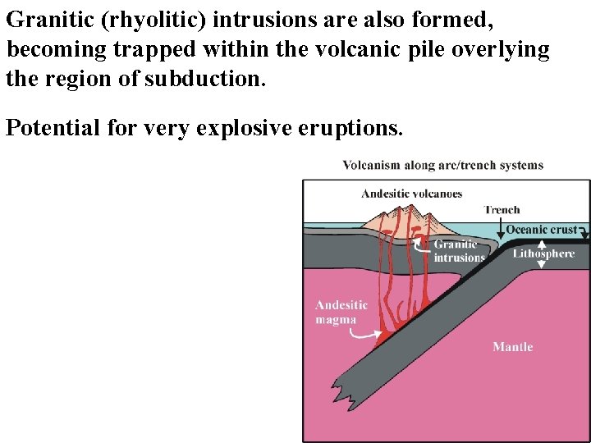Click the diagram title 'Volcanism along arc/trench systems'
coord(442,165)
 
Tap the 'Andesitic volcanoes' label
coord(411,194)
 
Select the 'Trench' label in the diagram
coord(502,210)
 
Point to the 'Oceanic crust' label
coord(541,230)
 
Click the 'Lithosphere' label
coord(543,253)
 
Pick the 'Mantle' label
coord(512,347)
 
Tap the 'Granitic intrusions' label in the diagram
coord(459,251)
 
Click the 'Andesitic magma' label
coord(341,313)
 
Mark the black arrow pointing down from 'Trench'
coord(502,226)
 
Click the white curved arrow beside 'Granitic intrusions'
coord(420,240)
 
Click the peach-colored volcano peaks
coord(410,218)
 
